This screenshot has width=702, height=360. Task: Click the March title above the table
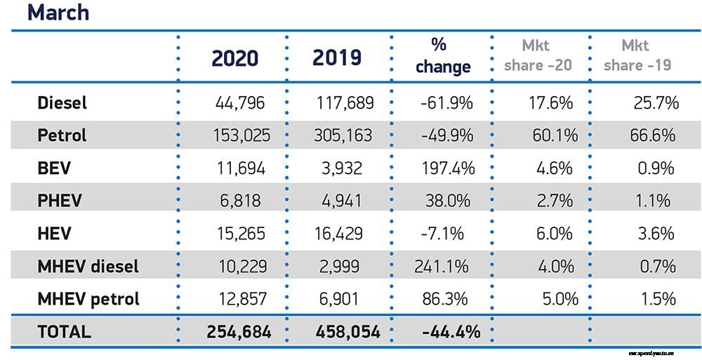click(x=58, y=12)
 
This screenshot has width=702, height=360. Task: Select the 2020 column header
click(x=235, y=58)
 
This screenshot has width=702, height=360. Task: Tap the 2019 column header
click(x=337, y=58)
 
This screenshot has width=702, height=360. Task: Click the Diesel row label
click(x=62, y=102)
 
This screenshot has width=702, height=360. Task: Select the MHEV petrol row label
click(x=88, y=298)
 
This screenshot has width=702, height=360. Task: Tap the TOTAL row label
click(x=64, y=331)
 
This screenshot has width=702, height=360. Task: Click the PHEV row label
click(x=60, y=200)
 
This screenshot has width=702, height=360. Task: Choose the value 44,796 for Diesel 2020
click(x=239, y=103)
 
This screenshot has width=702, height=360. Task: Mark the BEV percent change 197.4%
click(x=444, y=168)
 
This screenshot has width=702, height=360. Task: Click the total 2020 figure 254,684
click(x=239, y=331)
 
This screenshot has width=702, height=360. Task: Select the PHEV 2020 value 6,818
click(x=241, y=200)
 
